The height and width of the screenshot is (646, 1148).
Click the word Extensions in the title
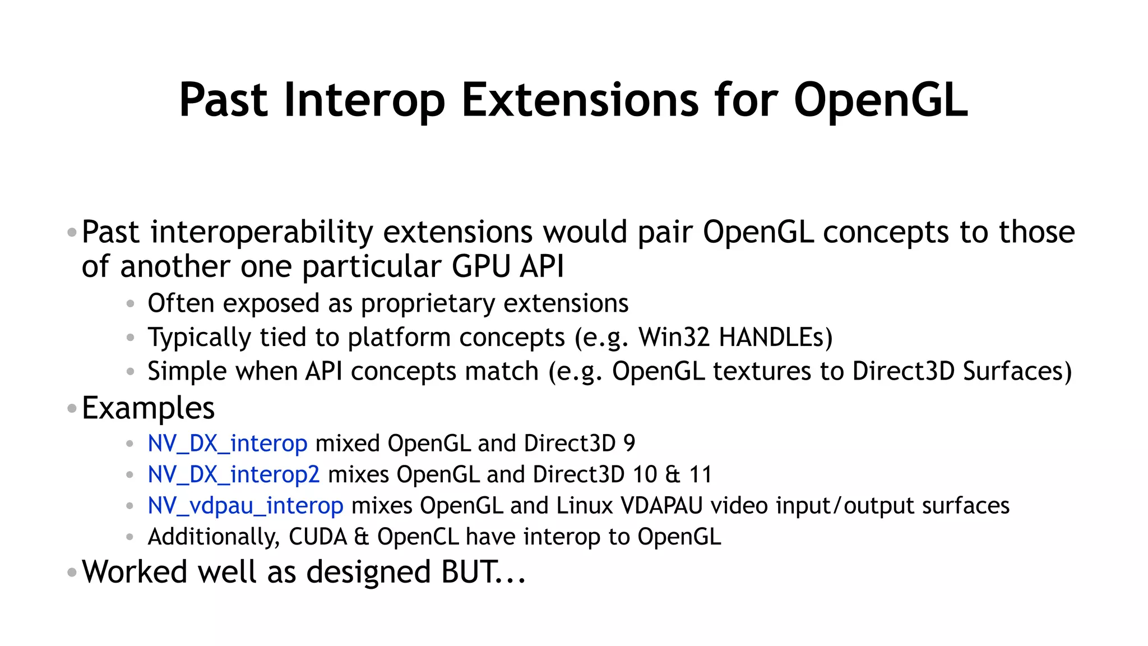(580, 101)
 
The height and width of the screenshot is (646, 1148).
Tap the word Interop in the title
(364, 101)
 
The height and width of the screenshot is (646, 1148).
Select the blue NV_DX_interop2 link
(234, 475)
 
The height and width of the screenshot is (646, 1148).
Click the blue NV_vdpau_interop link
(246, 506)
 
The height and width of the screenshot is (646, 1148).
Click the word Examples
(148, 408)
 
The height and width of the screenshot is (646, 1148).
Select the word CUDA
(318, 537)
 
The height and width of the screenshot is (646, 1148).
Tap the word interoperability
(262, 232)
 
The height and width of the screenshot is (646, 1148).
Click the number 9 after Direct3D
(629, 444)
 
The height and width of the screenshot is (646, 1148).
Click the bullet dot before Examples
(71, 408)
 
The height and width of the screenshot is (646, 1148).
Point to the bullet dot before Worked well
(71, 573)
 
